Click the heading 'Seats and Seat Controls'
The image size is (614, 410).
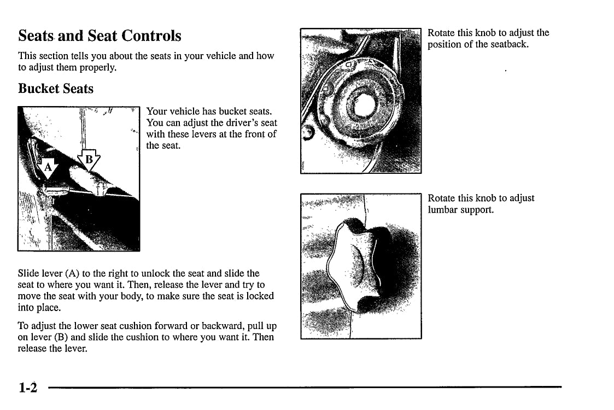coord(100,36)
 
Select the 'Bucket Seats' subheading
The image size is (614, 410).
coord(56,89)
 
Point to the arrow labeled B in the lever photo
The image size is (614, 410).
coord(90,160)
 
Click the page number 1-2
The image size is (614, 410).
coord(27,388)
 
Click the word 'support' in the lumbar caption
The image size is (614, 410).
coord(477,209)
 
